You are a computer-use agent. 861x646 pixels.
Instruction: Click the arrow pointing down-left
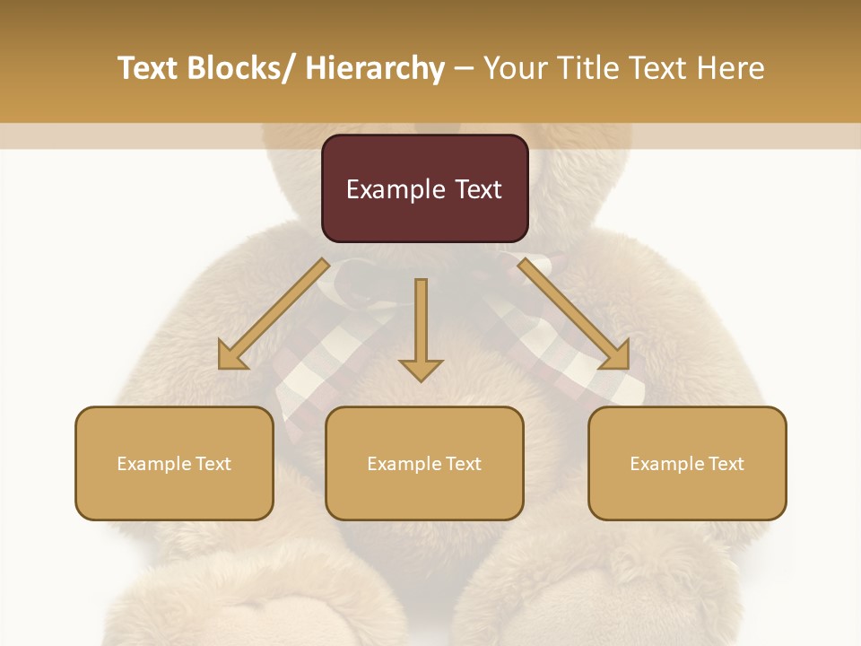pos(274,314)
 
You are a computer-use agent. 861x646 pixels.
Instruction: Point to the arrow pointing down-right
pos(574,314)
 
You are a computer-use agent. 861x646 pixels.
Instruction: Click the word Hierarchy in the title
pos(375,68)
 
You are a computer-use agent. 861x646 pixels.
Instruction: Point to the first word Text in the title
pos(148,68)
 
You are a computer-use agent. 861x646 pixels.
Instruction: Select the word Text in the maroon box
pos(476,189)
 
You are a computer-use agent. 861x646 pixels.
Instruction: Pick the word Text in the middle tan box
pos(463,464)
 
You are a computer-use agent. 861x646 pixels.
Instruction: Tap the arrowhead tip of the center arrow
pos(421,380)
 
